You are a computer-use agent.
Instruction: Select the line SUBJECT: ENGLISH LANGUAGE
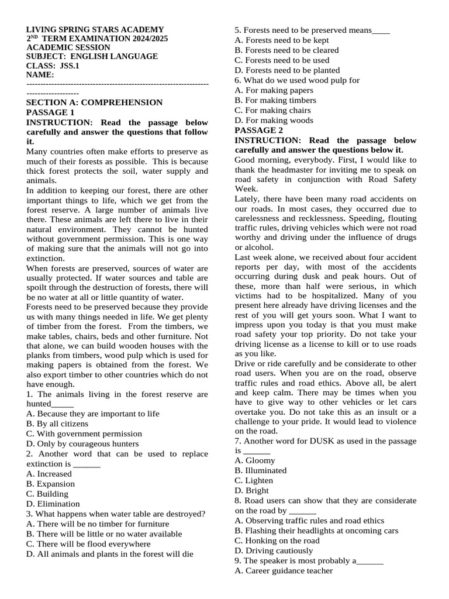coord(92,57)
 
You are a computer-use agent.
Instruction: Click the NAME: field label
coord(40,75)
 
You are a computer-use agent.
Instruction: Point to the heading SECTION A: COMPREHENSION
coord(95,102)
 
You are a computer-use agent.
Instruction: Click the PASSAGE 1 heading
coord(50,112)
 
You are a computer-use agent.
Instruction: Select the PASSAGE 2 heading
coord(258,130)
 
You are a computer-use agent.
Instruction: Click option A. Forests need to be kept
coord(281,40)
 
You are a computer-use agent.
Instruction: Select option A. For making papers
coord(274,90)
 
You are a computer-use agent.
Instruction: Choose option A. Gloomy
coord(254,460)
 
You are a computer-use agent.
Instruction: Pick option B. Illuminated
coord(260,470)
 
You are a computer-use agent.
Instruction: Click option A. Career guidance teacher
coord(284,570)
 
